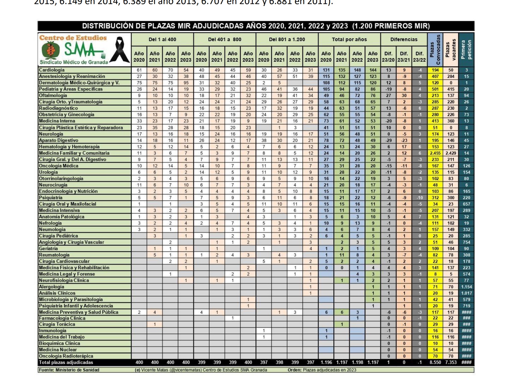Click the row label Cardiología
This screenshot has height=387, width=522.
(x=52, y=70)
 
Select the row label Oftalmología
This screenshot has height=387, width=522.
(x=53, y=96)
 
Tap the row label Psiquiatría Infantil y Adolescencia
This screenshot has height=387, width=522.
(x=76, y=306)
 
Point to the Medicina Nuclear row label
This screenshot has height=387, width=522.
(x=58, y=350)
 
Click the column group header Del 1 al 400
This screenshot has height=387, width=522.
(x=162, y=40)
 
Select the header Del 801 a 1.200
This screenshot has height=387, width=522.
(x=287, y=40)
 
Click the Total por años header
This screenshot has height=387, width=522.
(x=349, y=40)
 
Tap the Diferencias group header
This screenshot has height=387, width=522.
(x=404, y=40)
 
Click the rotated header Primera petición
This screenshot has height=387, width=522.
(x=466, y=50)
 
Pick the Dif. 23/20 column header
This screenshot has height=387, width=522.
(x=388, y=57)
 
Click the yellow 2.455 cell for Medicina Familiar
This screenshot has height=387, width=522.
(x=435, y=153)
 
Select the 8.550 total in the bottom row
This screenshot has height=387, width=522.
(x=435, y=362)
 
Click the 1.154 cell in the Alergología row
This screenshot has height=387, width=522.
(x=466, y=287)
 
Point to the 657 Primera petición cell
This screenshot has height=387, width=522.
(x=466, y=204)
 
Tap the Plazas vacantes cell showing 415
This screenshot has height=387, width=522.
(x=451, y=89)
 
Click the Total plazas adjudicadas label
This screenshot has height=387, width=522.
(x=66, y=362)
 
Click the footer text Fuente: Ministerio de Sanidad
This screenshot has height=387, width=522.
(x=69, y=370)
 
